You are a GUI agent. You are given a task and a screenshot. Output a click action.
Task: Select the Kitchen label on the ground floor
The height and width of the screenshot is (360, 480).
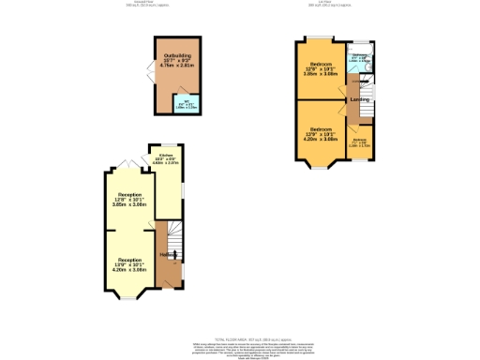pyautogui.click(x=165, y=158)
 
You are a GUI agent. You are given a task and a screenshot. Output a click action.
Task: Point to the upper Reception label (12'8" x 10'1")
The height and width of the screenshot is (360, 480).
pyautogui.click(x=129, y=198)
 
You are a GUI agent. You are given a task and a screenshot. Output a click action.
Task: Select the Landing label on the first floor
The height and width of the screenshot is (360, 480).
pyautogui.click(x=359, y=99)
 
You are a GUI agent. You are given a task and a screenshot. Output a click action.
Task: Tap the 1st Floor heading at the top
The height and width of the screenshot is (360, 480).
pyautogui.click(x=336, y=4)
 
